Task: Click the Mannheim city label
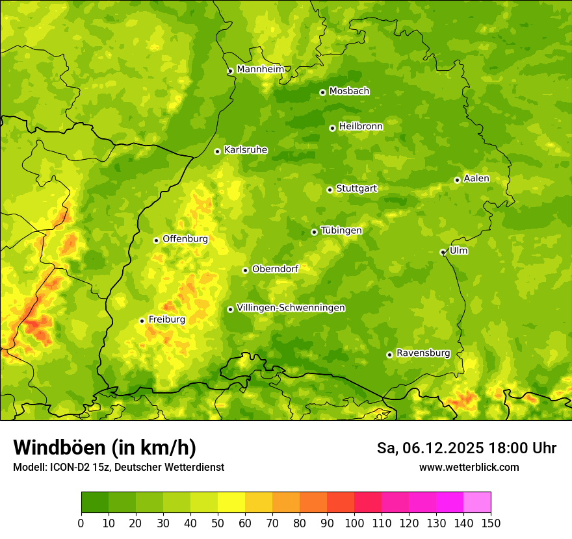[x=260, y=69]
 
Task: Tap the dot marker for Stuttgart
[x=330, y=190]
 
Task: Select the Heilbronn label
[x=361, y=127]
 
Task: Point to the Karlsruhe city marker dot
[x=217, y=151]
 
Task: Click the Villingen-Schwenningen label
[x=291, y=308]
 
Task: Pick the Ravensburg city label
[x=422, y=353]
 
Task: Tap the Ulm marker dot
[x=443, y=252]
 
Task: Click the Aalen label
[x=476, y=179]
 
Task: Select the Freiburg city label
[x=166, y=320]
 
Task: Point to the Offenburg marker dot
[x=156, y=240]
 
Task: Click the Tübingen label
[x=341, y=231]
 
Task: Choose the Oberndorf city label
[x=275, y=269]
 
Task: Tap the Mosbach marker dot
[x=322, y=92]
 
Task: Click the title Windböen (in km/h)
[x=105, y=448]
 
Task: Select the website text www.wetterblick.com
[x=469, y=467]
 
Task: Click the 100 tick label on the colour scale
[x=354, y=523]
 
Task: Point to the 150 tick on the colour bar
[x=491, y=523]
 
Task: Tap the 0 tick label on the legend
[x=81, y=523]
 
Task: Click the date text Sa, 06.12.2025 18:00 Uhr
[x=466, y=448]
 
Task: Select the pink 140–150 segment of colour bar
[x=477, y=503]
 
